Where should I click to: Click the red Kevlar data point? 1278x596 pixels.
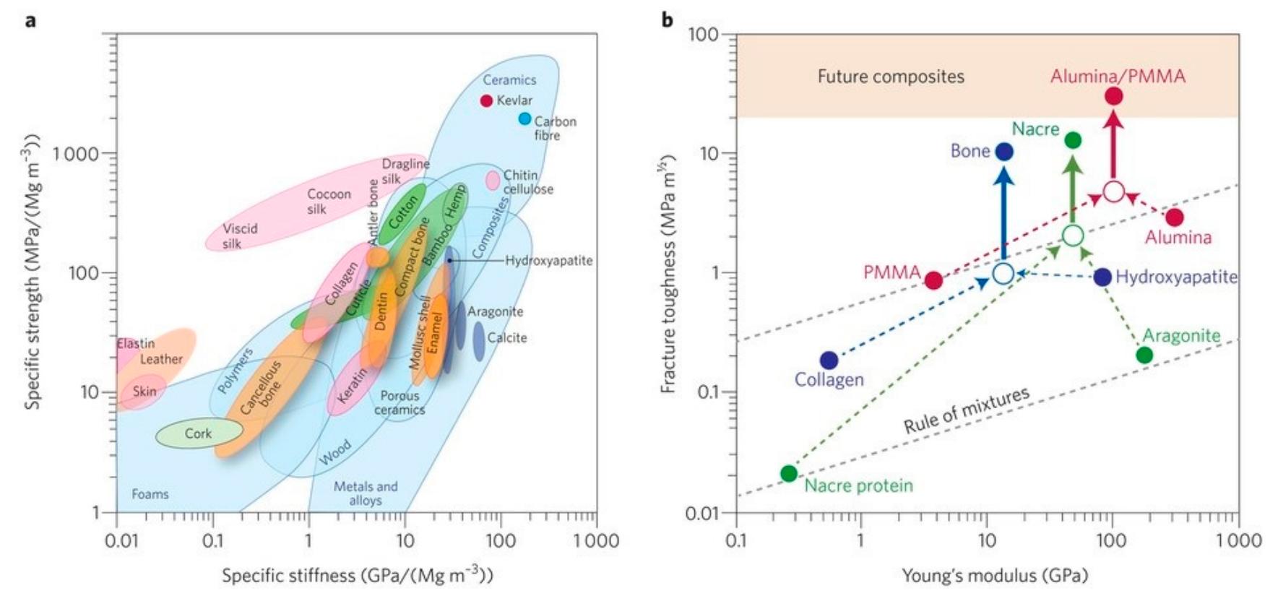pyautogui.click(x=486, y=100)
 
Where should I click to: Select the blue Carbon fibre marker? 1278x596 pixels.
pyautogui.click(x=524, y=118)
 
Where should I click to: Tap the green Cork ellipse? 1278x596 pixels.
pyautogui.click(x=199, y=433)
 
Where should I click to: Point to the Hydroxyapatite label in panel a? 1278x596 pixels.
pyautogui.click(x=549, y=261)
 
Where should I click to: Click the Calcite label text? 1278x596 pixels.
pyautogui.click(x=507, y=337)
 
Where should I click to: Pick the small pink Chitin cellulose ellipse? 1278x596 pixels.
pyautogui.click(x=493, y=180)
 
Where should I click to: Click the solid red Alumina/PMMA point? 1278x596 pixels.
pyautogui.click(x=1113, y=95)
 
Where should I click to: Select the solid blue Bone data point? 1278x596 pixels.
pyautogui.click(x=1003, y=152)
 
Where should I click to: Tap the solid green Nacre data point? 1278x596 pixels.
pyautogui.click(x=1073, y=140)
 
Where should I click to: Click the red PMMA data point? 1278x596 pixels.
pyautogui.click(x=933, y=280)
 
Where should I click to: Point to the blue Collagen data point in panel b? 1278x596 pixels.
pyautogui.click(x=829, y=360)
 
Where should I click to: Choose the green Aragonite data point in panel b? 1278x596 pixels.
pyautogui.click(x=1144, y=355)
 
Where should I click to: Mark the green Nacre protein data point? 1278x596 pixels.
pyautogui.click(x=789, y=474)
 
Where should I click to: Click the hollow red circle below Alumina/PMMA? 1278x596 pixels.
pyautogui.click(x=1113, y=191)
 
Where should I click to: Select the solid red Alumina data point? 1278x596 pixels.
pyautogui.click(x=1175, y=217)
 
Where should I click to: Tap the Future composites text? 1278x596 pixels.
pyautogui.click(x=891, y=77)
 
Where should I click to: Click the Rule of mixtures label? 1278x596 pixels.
pyautogui.click(x=967, y=410)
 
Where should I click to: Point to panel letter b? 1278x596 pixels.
pyautogui.click(x=667, y=20)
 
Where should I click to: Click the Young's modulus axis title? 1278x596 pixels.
pyautogui.click(x=994, y=576)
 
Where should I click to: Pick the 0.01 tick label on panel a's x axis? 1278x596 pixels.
pyautogui.click(x=121, y=540)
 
